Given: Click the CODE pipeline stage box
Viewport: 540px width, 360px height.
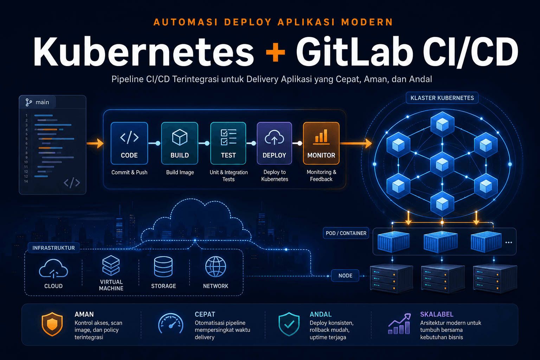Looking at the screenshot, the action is point(129,143).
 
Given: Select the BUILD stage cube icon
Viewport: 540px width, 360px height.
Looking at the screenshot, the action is point(180,137).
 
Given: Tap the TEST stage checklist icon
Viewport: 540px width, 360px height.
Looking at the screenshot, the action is point(228,137).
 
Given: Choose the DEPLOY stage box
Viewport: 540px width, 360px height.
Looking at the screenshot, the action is point(274,143).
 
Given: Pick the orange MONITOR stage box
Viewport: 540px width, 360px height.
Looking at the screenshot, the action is point(321,143).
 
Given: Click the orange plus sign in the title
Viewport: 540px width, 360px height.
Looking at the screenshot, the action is point(275,52).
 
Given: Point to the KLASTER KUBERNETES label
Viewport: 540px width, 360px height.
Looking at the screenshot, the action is point(442,98).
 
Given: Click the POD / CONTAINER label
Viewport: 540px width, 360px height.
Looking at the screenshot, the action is point(346,233).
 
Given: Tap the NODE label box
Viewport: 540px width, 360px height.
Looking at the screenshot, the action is point(345,276).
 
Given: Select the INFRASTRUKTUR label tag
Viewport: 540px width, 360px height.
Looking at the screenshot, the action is point(53,248).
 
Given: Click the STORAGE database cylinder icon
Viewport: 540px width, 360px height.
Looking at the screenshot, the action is point(163,267).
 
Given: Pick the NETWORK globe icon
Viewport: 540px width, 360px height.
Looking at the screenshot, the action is point(216,267).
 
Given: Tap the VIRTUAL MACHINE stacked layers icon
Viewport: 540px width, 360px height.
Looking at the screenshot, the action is point(111,265).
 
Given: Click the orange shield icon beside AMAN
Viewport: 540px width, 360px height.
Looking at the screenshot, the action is point(52,324).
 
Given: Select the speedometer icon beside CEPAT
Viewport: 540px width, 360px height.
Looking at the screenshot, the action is point(171,323).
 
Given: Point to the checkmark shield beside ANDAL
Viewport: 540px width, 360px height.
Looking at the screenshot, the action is point(289,324).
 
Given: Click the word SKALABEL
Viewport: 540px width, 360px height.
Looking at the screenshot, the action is point(437,314).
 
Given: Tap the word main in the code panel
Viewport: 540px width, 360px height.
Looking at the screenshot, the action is point(43,102).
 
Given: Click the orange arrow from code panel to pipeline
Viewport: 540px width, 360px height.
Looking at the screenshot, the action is point(95,143).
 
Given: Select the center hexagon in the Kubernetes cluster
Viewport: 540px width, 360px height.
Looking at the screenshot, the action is point(442,165).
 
